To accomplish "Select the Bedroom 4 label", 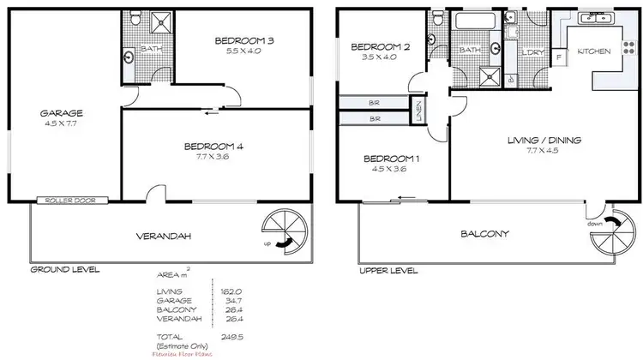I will tap(214, 147).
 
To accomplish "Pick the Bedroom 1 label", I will tap(392, 159).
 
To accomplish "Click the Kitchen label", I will tap(593, 52).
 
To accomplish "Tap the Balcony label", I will tap(485, 234).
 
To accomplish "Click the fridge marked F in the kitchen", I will tap(559, 57).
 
